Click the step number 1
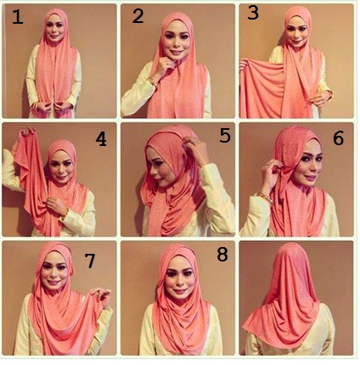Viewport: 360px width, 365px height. click(x=18, y=17)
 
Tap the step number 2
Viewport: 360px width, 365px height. click(x=138, y=16)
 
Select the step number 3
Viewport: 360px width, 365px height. click(x=253, y=13)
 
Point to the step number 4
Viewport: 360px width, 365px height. click(x=101, y=139)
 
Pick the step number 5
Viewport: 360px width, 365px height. click(x=225, y=136)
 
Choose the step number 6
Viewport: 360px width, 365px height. click(x=338, y=138)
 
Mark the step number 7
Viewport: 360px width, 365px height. click(x=90, y=261)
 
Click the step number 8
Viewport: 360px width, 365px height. click(x=222, y=255)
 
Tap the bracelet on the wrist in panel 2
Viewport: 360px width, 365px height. click(x=153, y=81)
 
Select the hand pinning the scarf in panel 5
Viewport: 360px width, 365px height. click(x=197, y=150)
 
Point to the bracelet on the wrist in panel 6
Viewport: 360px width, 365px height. click(x=265, y=197)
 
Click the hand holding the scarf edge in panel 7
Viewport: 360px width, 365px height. click(x=100, y=296)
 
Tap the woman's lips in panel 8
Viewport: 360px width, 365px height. click(x=179, y=290)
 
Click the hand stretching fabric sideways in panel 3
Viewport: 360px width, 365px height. click(x=244, y=65)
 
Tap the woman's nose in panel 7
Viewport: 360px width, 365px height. click(x=53, y=274)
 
